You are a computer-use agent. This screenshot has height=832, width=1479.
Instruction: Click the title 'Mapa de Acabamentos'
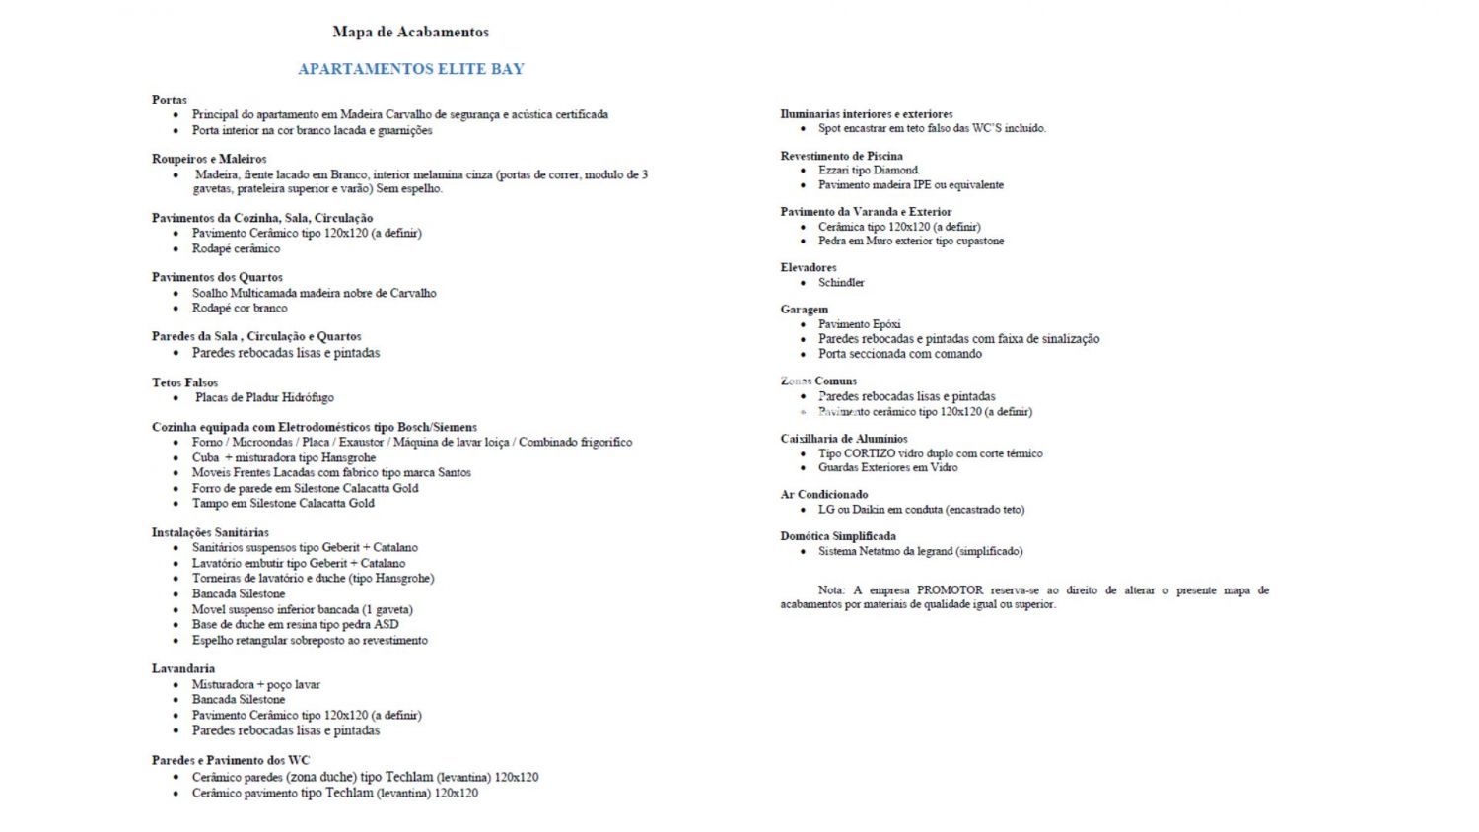click(x=410, y=32)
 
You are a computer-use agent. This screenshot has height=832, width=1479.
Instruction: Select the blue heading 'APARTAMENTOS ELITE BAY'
click(x=410, y=69)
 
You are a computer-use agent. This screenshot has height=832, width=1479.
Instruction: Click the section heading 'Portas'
click(x=170, y=100)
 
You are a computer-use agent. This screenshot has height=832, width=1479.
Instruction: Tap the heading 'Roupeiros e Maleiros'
click(x=209, y=159)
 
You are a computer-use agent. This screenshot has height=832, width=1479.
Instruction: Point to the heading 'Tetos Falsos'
click(x=184, y=382)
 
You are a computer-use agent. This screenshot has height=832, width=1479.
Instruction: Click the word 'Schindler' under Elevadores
click(x=841, y=283)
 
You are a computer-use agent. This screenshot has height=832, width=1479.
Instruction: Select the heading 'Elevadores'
click(x=809, y=267)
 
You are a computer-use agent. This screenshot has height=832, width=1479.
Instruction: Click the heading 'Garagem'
click(x=805, y=310)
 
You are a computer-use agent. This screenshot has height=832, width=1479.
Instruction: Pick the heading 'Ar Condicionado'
click(x=824, y=494)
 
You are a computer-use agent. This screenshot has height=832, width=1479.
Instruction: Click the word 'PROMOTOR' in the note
click(x=949, y=590)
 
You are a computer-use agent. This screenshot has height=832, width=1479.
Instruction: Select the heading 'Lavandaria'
click(x=183, y=668)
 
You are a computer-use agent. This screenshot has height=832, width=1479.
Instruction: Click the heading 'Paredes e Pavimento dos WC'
click(x=231, y=760)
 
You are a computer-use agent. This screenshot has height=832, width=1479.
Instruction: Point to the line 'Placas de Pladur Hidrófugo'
click(x=264, y=398)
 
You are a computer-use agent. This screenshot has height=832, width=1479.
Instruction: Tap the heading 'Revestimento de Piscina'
click(x=841, y=156)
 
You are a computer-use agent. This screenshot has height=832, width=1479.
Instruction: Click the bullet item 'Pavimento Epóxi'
click(x=859, y=324)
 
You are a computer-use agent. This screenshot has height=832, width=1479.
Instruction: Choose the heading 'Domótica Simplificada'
click(x=838, y=536)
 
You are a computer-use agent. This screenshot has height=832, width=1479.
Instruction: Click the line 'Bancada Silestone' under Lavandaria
click(x=239, y=700)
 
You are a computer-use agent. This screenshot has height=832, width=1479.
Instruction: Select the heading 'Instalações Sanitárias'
click(x=210, y=532)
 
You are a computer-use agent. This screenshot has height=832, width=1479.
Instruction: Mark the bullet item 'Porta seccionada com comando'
click(x=899, y=354)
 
